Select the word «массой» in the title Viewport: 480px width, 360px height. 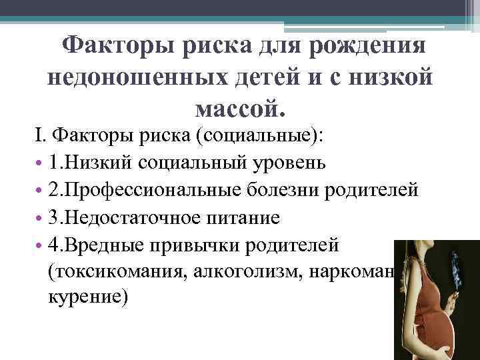pyautogui.click(x=240, y=106)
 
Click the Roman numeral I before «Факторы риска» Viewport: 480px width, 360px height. pyautogui.click(x=39, y=137)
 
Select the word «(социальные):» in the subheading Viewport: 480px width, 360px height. pyautogui.click(x=257, y=137)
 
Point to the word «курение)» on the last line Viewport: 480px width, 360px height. pyautogui.click(x=87, y=297)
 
